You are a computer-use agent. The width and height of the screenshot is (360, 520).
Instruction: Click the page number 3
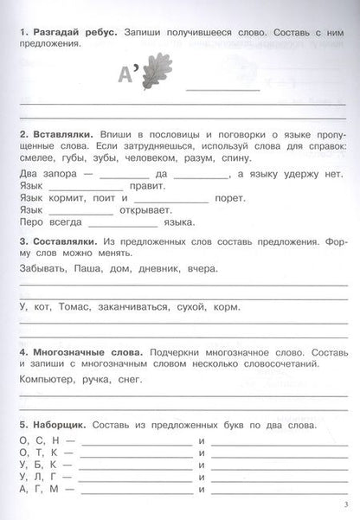pos(344,505)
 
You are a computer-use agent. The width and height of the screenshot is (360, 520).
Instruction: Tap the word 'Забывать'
pos(42,268)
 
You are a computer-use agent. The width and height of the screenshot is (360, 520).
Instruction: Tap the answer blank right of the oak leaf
pos(222,87)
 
